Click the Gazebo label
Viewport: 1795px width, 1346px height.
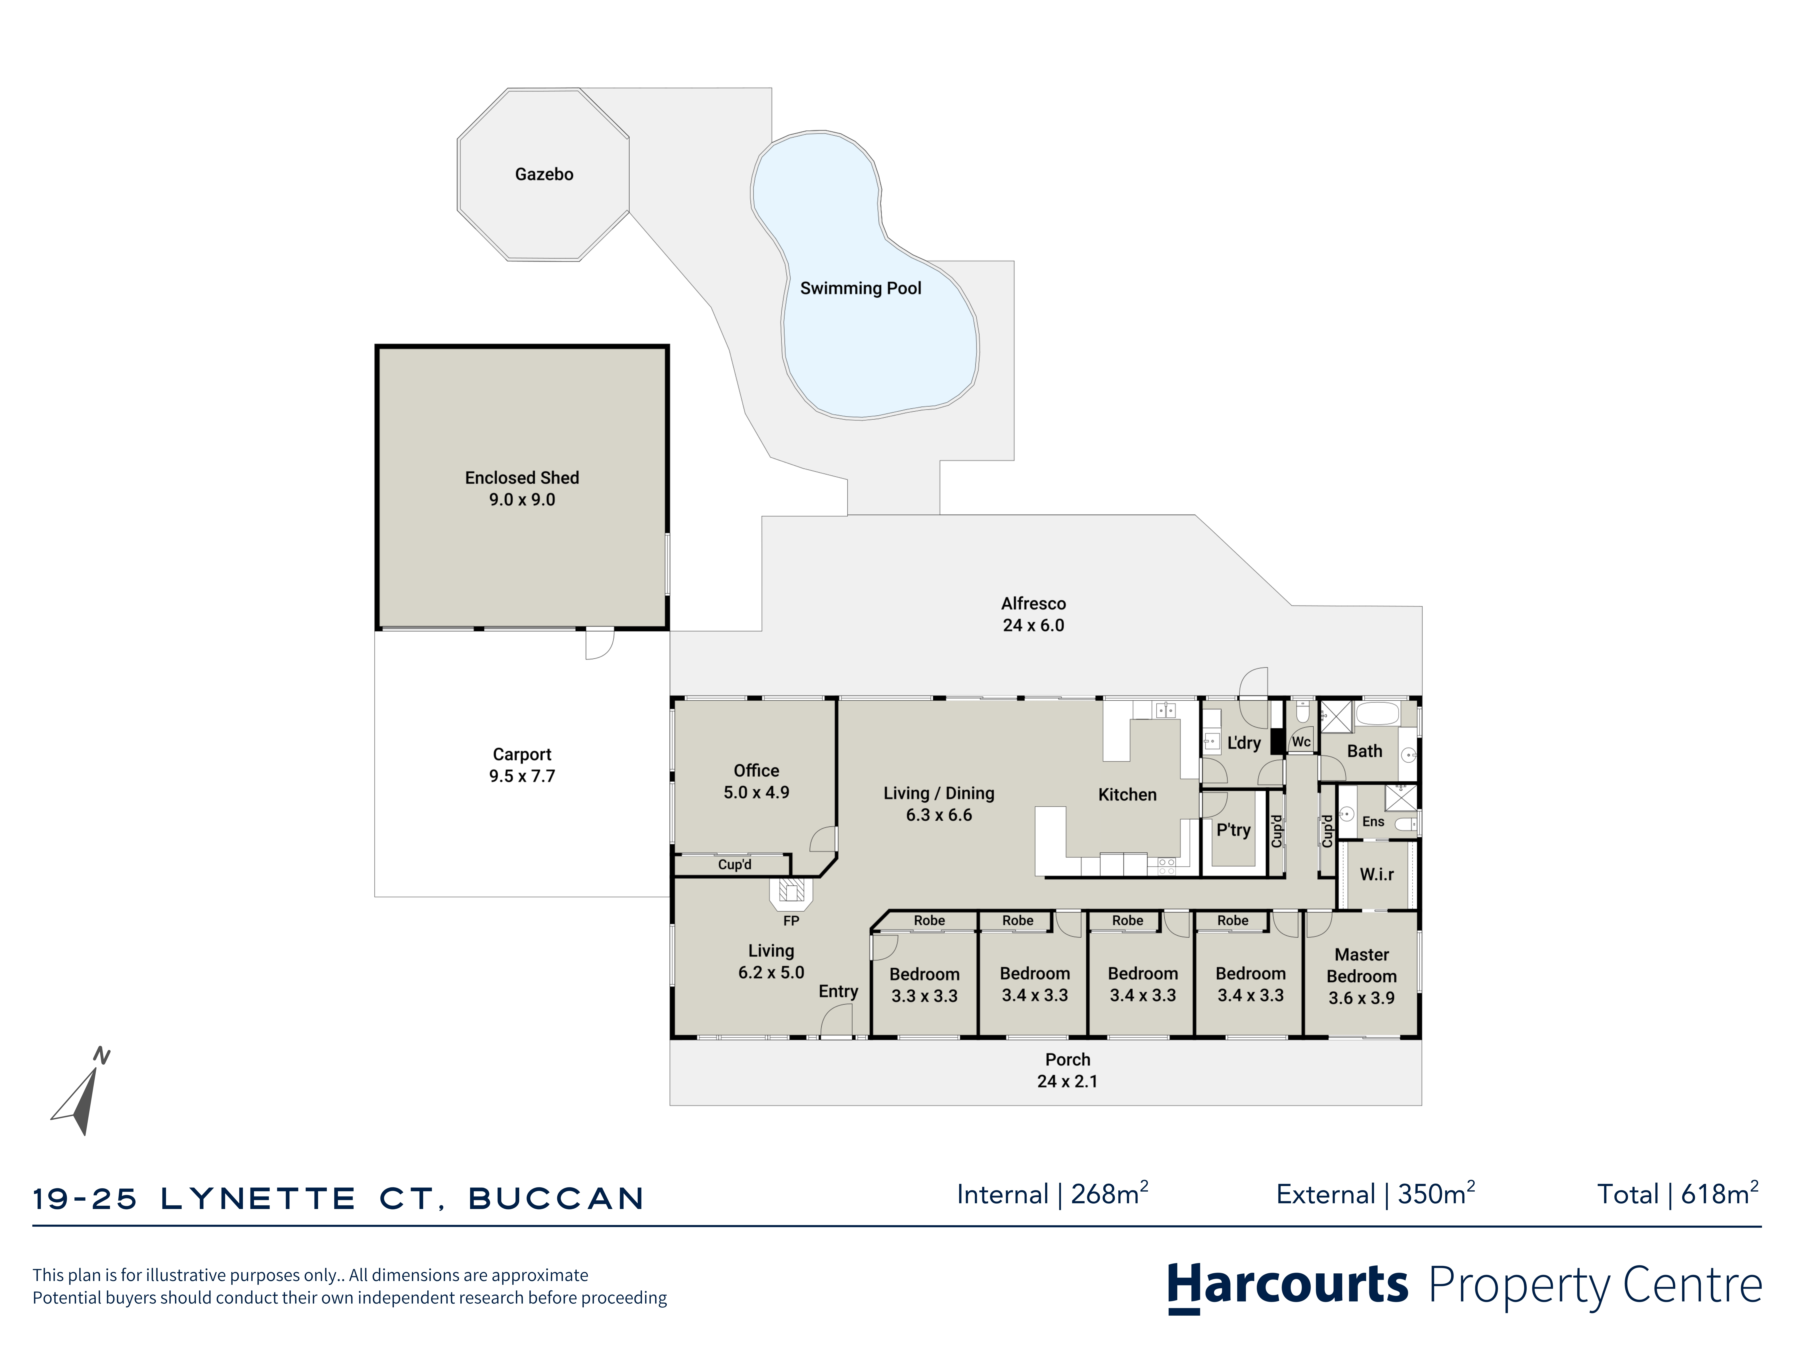[544, 175]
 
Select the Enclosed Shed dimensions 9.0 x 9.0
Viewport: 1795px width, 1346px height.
[522, 500]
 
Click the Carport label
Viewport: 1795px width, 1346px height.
[522, 755]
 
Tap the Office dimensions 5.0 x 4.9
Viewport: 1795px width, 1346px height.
[756, 793]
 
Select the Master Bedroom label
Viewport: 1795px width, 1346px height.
[1362, 966]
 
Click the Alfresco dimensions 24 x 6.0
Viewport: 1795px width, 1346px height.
[1033, 626]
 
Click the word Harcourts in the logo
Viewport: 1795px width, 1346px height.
[1288, 1285]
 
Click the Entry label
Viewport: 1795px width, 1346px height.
[838, 991]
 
